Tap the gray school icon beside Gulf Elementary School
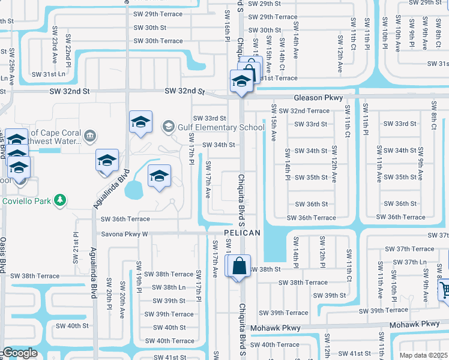tap(169, 126)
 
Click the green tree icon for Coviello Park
tap(59, 199)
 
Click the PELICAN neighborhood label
tap(243, 233)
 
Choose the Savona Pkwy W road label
tap(124, 234)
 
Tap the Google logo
tap(19, 353)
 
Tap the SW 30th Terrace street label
tap(158, 41)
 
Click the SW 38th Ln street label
tap(170, 287)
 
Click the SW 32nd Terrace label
tap(309, 111)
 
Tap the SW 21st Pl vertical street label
tap(76, 248)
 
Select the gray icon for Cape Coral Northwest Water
tap(90, 135)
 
